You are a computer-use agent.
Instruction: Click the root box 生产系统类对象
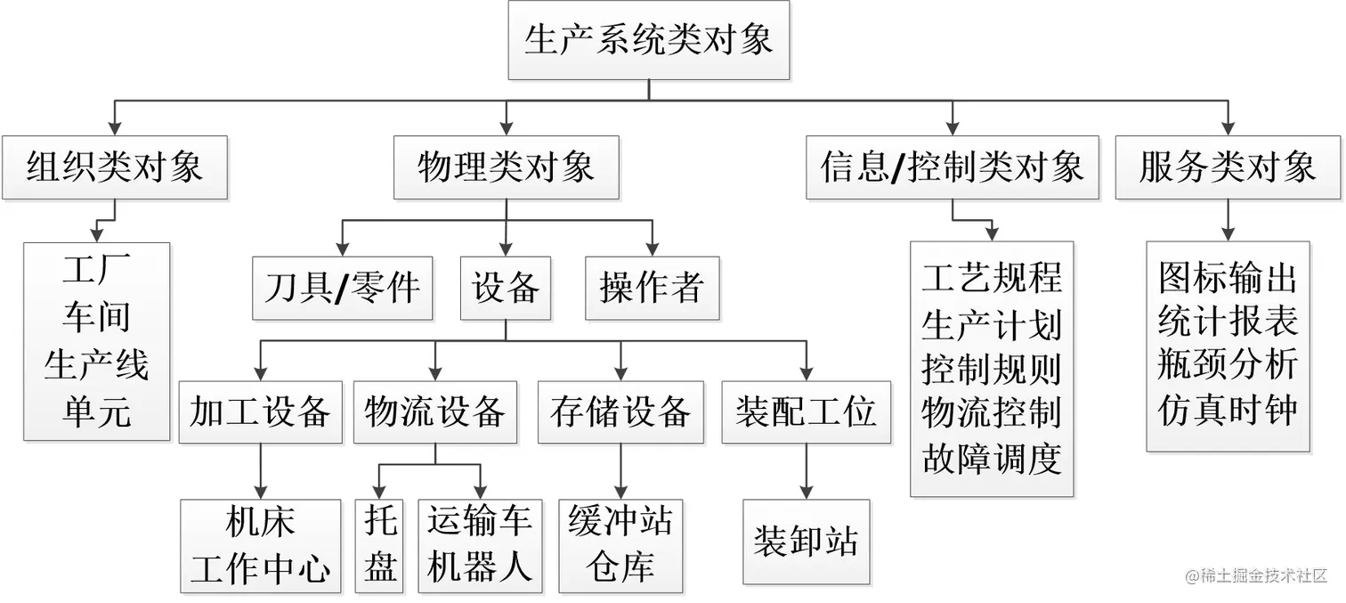(x=648, y=41)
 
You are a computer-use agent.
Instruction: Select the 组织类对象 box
(x=115, y=167)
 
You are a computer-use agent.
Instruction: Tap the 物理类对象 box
(x=506, y=167)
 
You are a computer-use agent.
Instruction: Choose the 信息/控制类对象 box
(x=952, y=167)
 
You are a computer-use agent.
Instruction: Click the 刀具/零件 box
(x=343, y=289)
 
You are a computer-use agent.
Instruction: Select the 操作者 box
(x=652, y=289)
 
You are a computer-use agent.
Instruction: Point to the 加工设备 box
(x=260, y=412)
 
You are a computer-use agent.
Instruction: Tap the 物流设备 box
(x=435, y=412)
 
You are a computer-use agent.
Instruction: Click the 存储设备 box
(x=620, y=412)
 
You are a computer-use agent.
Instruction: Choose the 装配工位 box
(x=806, y=412)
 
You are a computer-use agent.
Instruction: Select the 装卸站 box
(x=806, y=542)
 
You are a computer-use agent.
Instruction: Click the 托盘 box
(x=380, y=545)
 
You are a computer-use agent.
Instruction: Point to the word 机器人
(x=480, y=567)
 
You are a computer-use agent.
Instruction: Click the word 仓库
(x=620, y=567)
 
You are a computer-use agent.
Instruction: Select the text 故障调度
(x=992, y=459)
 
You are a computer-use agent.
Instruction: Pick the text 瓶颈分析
(x=1227, y=365)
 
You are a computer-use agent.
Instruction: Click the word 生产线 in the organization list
(x=96, y=365)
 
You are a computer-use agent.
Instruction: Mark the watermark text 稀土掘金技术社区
(x=1262, y=576)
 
